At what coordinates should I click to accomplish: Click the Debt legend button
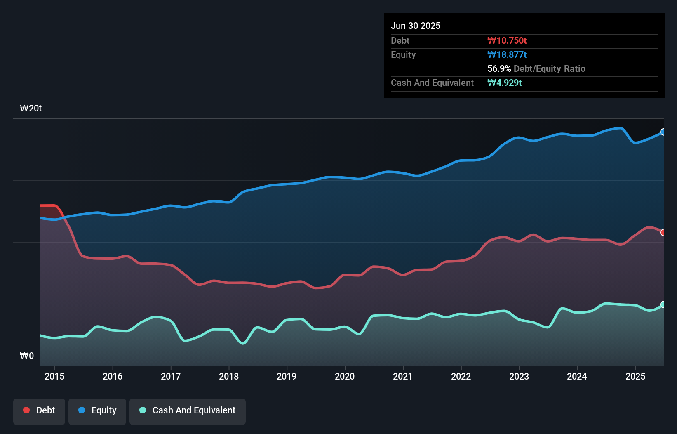39,411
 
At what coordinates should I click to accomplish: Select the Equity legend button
97,411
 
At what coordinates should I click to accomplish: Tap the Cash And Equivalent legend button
188,411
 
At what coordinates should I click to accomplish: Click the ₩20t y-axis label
31,108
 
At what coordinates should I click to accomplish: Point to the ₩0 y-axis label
27,356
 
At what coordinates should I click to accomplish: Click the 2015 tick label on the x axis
54,377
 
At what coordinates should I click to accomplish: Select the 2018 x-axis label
229,377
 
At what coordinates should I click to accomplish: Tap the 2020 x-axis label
345,377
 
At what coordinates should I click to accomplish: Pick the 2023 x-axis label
519,377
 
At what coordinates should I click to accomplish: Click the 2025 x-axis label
635,377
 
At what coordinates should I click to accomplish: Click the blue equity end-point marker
663,132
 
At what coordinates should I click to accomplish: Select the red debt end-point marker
663,233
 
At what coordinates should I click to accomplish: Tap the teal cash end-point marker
663,304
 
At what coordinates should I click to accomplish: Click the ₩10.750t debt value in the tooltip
507,41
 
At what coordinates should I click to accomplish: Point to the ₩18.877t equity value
507,55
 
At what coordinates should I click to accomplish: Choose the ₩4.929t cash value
504,83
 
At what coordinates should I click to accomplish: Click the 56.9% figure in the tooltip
499,69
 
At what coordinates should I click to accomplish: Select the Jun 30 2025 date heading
416,26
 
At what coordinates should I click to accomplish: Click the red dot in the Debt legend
26,410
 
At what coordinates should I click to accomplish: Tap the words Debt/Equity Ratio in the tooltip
550,69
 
